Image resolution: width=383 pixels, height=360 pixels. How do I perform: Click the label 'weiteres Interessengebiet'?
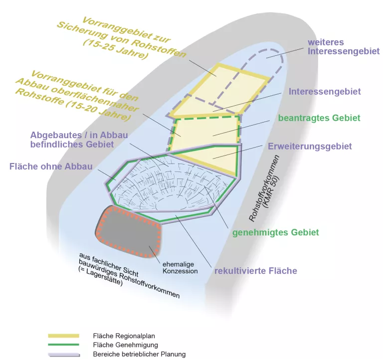pyautogui.click(x=344, y=46)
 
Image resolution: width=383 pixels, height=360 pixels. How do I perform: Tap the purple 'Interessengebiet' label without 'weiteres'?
pyautogui.click(x=325, y=92)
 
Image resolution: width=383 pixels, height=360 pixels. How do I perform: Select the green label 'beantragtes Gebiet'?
pyautogui.click(x=319, y=118)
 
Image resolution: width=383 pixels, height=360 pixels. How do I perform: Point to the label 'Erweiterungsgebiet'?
pyautogui.click(x=310, y=146)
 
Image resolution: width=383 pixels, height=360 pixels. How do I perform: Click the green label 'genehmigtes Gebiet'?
pyautogui.click(x=275, y=232)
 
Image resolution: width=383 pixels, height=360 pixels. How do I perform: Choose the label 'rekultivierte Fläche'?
pyautogui.click(x=255, y=271)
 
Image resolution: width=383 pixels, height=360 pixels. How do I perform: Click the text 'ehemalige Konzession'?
pyautogui.click(x=180, y=268)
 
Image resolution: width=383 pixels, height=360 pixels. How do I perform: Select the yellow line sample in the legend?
pyautogui.click(x=63, y=336)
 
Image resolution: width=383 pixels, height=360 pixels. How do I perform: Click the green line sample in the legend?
pyautogui.click(x=63, y=345)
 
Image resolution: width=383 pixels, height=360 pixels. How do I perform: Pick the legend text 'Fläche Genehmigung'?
pyautogui.click(x=125, y=345)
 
